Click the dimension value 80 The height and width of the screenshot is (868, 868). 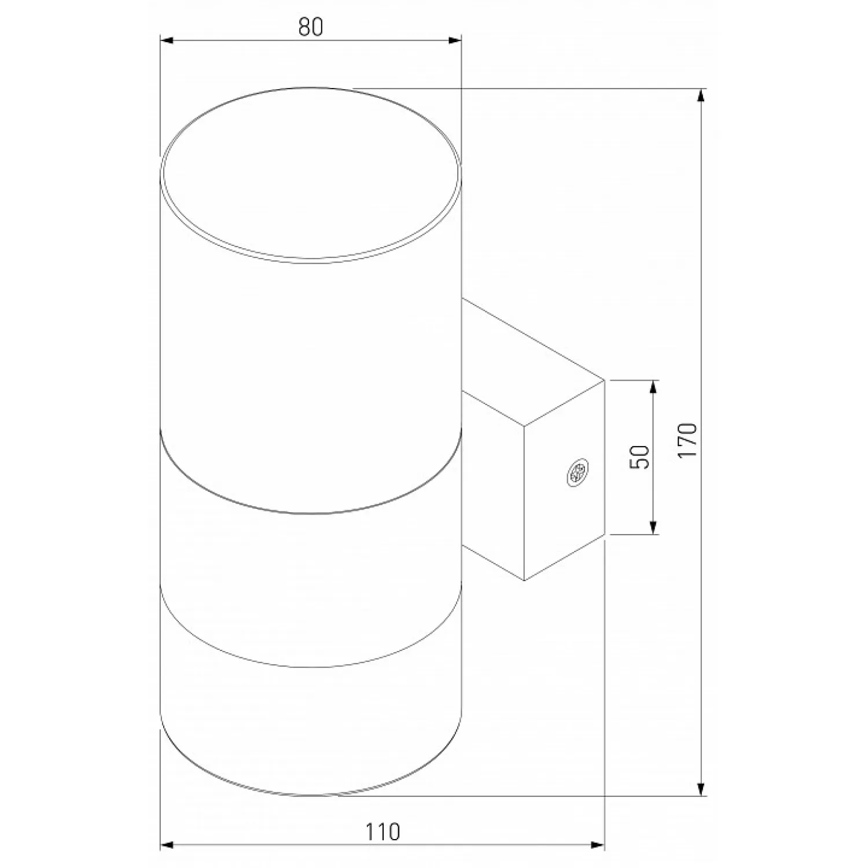point(311,27)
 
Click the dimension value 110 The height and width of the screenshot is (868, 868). point(382,832)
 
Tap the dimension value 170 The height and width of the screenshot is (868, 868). point(688,441)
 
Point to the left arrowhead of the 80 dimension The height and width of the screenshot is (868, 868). point(167,41)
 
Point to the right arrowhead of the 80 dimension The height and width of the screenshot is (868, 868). point(455,41)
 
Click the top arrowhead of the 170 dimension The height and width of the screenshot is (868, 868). point(702,95)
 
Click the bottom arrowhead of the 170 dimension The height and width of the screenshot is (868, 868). point(702,789)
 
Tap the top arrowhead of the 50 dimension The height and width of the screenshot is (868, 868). point(653,387)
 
